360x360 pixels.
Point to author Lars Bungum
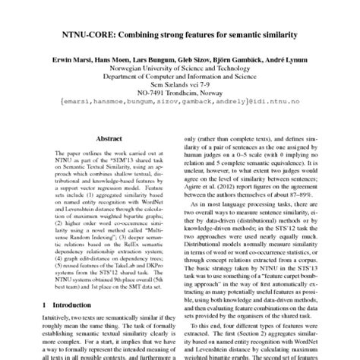point(159,58)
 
